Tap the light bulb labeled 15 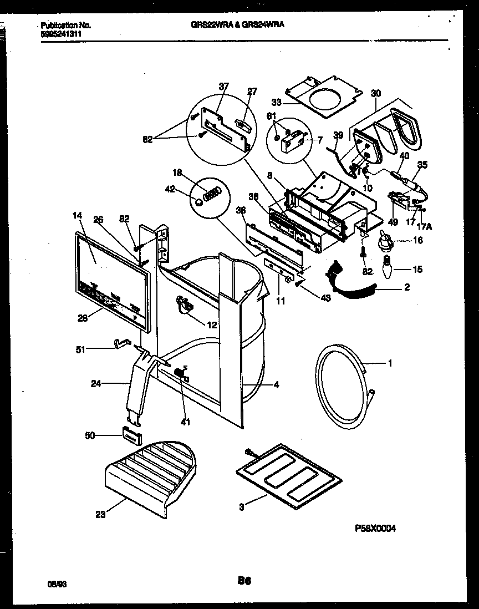click(386, 270)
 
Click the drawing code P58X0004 click(375, 529)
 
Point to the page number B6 click(244, 581)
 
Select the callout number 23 click(100, 514)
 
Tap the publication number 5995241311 click(60, 33)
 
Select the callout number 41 click(185, 422)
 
